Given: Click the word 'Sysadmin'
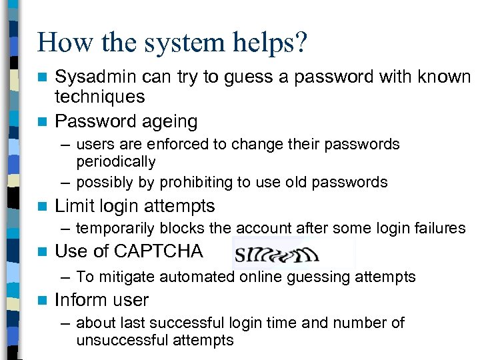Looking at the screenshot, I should coord(96,77).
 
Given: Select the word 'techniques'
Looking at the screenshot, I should coord(99,97).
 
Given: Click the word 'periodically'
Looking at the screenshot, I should coord(116,162).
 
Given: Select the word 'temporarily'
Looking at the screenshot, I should coord(115,229).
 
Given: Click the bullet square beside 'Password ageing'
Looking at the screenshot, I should coord(43,122).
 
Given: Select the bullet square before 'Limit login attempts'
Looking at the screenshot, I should coord(43,207).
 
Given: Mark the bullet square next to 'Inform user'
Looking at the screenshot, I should coord(43,301).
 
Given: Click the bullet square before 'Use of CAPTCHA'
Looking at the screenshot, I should coord(43,252).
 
